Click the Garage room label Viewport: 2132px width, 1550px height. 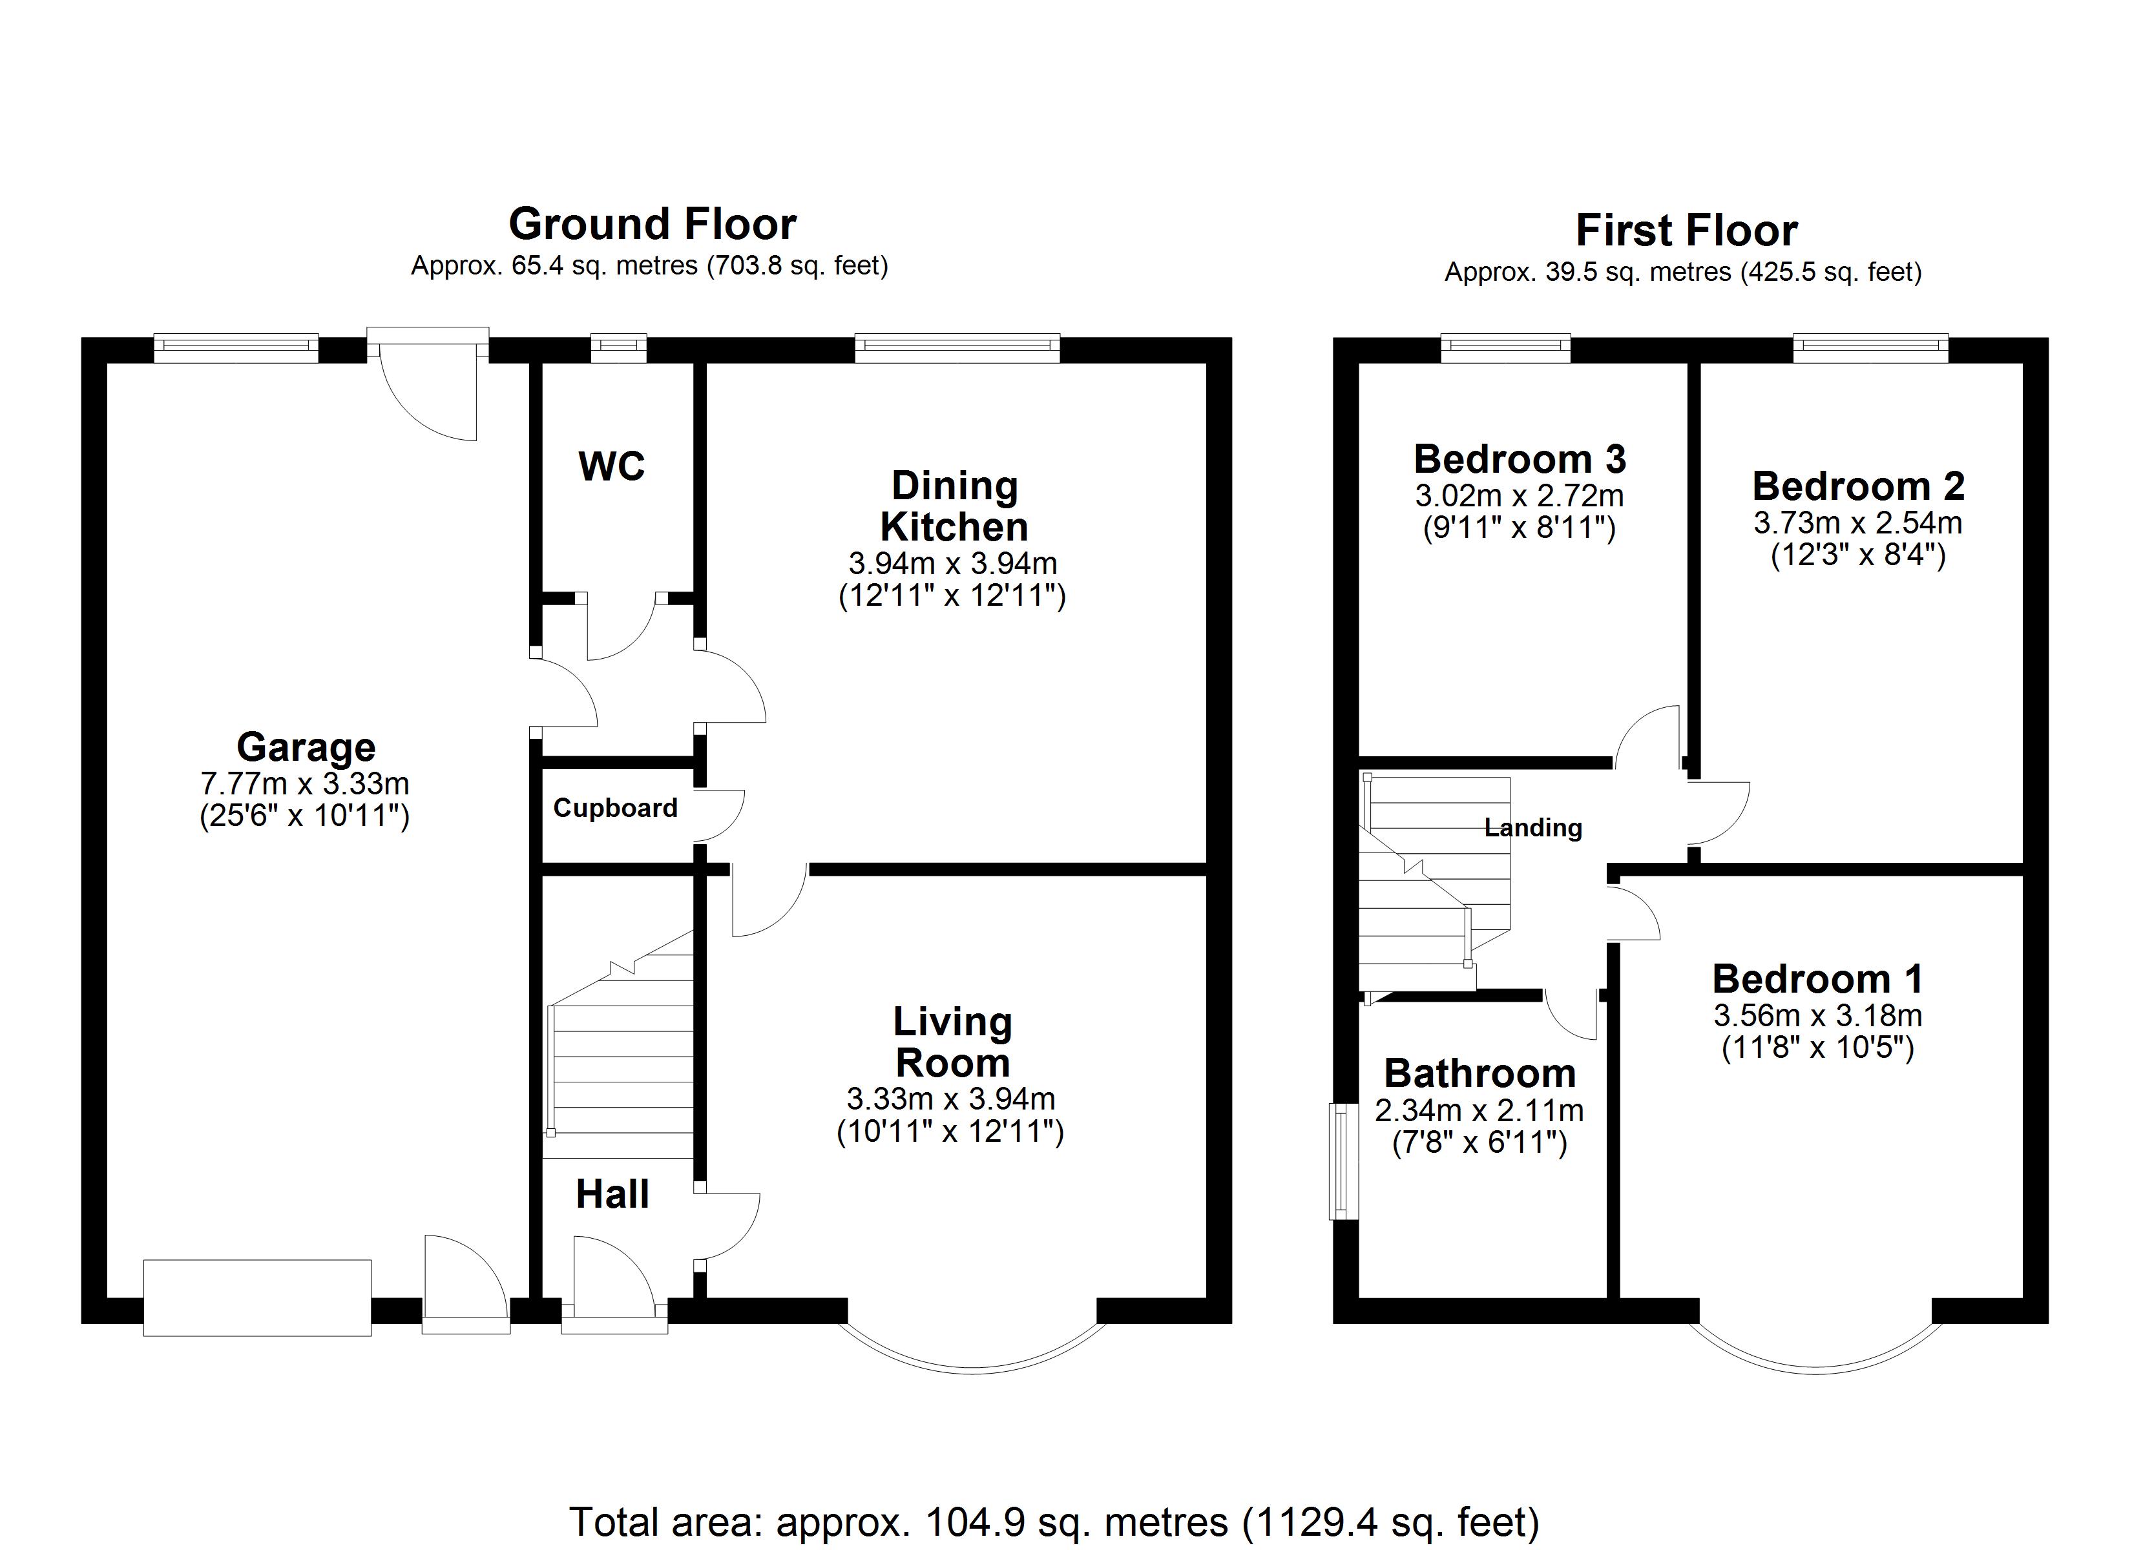[x=306, y=747]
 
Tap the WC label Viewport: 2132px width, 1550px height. [x=612, y=466]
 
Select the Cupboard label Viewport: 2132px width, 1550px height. [x=615, y=809]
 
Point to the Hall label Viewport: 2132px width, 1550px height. [x=612, y=1195]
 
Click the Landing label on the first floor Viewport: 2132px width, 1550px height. [x=1533, y=828]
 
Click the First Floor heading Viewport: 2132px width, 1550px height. [x=1686, y=231]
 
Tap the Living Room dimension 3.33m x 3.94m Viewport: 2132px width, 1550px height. [x=950, y=1099]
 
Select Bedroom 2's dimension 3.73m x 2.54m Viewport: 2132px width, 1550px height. [x=1857, y=522]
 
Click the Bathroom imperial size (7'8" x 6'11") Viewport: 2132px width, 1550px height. [x=1479, y=1143]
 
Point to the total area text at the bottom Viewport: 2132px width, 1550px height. [x=1054, y=1521]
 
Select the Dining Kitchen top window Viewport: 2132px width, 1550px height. [x=957, y=349]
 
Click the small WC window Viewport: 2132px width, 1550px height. [x=618, y=349]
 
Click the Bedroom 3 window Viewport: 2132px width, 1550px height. [x=1506, y=349]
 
